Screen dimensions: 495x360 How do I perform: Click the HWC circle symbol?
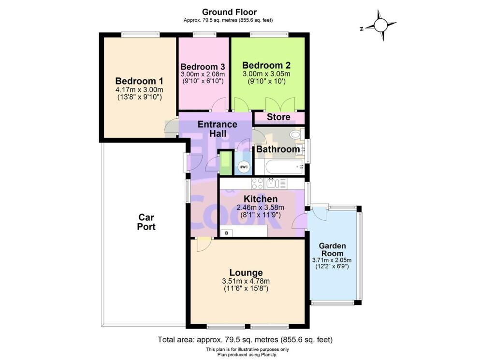[x=244, y=167]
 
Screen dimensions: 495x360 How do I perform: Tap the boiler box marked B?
[x=226, y=233]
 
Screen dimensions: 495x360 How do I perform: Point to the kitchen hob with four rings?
[x=258, y=183]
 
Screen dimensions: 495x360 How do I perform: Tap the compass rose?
[x=381, y=25]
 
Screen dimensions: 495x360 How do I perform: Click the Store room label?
[x=278, y=117]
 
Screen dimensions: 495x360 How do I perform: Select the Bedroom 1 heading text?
[x=139, y=81]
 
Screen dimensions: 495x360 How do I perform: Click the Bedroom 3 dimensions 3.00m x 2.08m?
[x=203, y=74]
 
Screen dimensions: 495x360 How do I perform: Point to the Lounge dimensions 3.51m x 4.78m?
[x=246, y=281]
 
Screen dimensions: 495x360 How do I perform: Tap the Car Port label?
[x=146, y=222]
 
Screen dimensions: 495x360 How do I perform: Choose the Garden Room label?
[x=332, y=249]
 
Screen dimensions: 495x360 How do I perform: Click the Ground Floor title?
[x=229, y=12]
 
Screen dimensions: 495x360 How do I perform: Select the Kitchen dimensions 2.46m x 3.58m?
[x=261, y=208]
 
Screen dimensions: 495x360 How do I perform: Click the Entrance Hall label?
[x=218, y=129]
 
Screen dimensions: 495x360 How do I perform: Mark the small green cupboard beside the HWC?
[x=225, y=163]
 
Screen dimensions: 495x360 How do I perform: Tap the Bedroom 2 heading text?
[x=266, y=65]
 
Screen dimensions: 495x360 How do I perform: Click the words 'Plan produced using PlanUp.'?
[x=247, y=355]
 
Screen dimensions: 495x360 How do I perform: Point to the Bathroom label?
[x=278, y=149]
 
